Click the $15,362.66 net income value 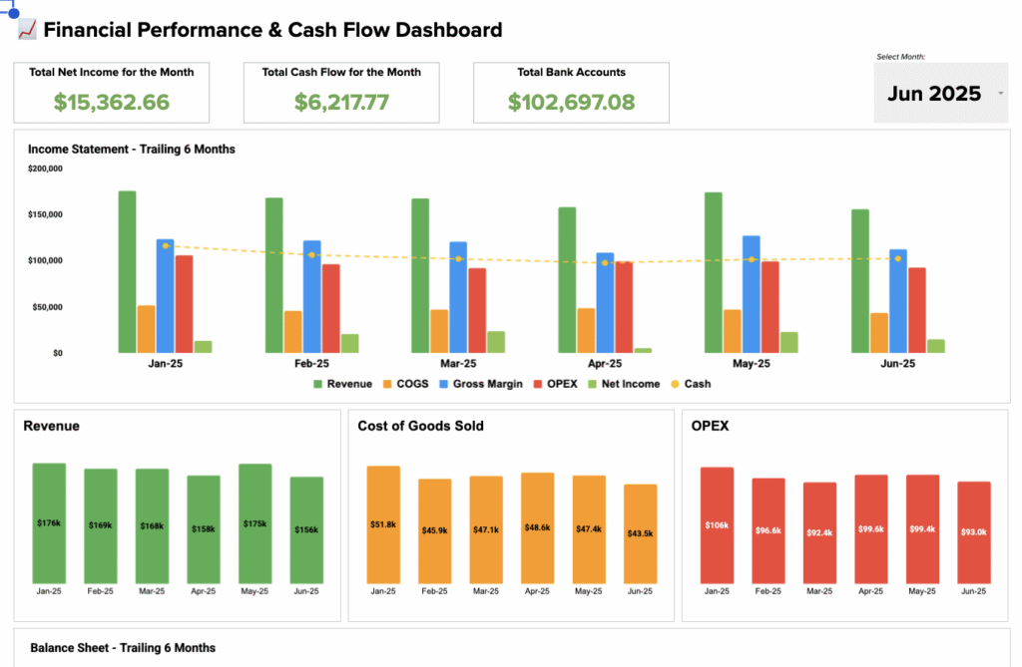[112, 102]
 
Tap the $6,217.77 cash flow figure [341, 102]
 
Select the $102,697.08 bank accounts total [571, 102]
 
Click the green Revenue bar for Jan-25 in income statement [127, 271]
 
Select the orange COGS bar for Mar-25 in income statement [439, 331]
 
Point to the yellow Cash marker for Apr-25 [605, 262]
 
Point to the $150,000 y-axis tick [44, 214]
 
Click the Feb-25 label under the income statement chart [311, 364]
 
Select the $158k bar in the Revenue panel [204, 528]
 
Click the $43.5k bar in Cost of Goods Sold [641, 533]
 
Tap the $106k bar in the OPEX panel [717, 525]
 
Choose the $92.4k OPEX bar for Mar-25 [819, 533]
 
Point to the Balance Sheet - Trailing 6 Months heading [123, 648]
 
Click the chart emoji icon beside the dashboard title [27, 30]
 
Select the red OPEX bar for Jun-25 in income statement [917, 310]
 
